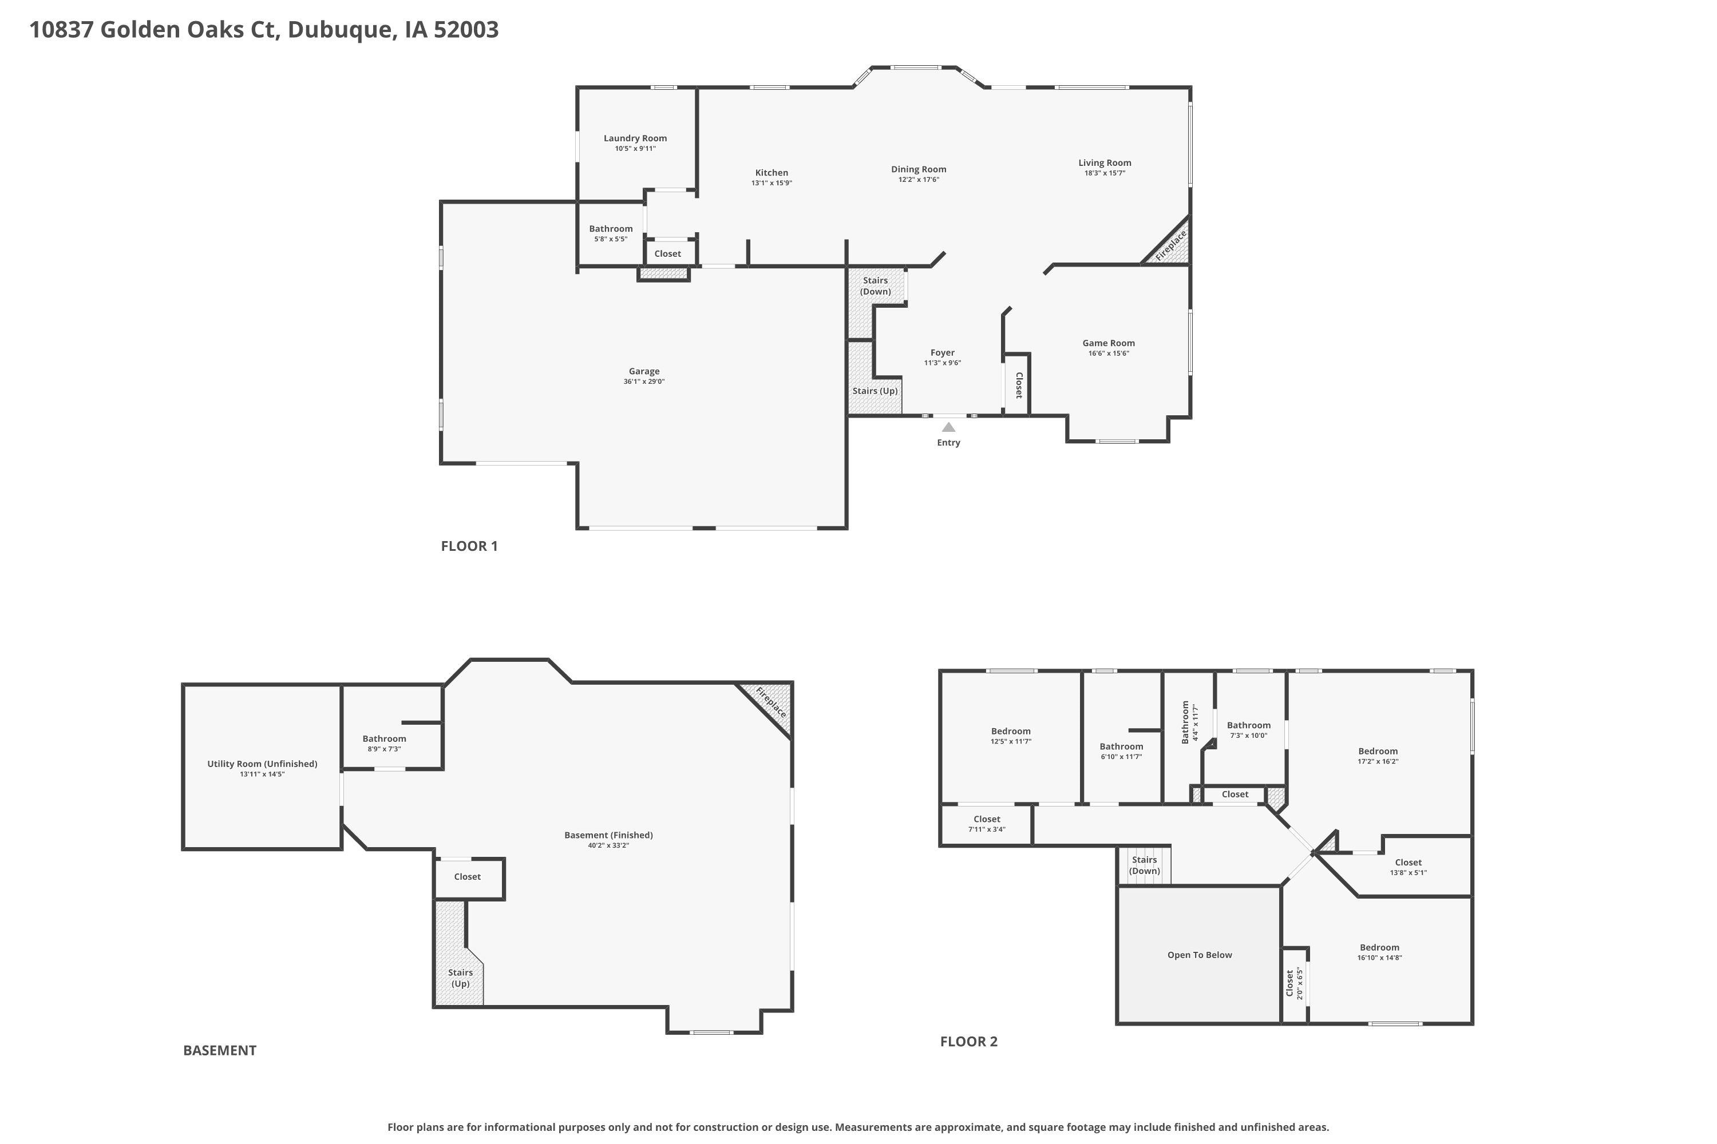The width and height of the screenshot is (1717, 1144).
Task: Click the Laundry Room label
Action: coord(635,138)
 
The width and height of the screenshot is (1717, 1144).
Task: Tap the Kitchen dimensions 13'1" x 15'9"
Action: coord(772,183)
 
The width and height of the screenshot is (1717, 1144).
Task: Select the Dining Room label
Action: coord(919,169)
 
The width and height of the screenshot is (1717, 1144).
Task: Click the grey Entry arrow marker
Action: coord(948,427)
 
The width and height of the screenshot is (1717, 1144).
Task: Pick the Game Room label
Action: coord(1108,343)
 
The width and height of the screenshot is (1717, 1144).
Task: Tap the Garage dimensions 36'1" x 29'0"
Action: coord(644,382)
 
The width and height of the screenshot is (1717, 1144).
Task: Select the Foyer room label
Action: coord(943,352)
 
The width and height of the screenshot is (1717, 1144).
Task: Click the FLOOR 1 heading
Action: coord(469,546)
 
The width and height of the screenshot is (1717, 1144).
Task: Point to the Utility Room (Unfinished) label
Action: coord(262,764)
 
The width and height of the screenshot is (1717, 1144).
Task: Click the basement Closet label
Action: coord(467,876)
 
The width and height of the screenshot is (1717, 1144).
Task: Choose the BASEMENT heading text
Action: coord(220,1051)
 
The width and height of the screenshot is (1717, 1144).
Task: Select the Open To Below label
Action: coord(1200,955)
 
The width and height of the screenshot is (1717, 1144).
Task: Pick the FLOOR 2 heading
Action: coord(969,1042)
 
